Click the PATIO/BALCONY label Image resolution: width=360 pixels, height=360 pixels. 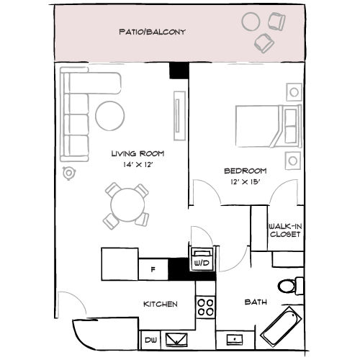(152, 32)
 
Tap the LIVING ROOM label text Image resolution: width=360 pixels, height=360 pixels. (138, 153)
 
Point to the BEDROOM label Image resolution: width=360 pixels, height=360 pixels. (246, 171)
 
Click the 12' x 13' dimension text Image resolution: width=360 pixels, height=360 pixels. (246, 181)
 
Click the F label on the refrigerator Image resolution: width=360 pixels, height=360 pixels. (152, 270)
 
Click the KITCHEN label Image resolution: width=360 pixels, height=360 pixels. (160, 305)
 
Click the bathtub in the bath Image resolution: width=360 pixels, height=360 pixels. (282, 325)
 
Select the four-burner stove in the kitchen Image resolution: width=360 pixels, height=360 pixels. (206, 308)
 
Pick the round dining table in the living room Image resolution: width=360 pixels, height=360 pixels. (127, 204)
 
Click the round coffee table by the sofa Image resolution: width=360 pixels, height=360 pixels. (111, 115)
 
